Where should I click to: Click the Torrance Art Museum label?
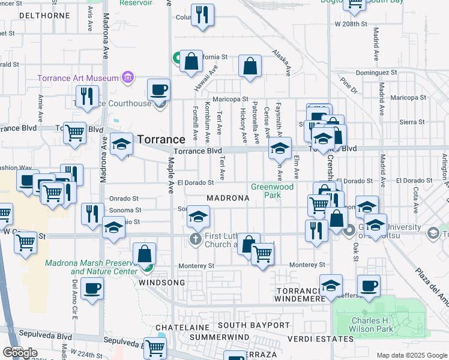click(x=77, y=78)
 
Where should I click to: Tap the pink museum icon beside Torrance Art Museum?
click(x=127, y=77)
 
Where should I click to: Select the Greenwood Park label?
click(x=272, y=191)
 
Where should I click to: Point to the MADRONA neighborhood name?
click(x=228, y=198)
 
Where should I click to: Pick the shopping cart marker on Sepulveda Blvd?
click(x=155, y=346)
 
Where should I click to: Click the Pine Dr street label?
click(x=348, y=85)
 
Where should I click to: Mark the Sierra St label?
click(x=411, y=122)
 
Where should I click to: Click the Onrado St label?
click(x=124, y=198)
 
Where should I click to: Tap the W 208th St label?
click(x=352, y=23)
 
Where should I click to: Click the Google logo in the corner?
click(x=20, y=353)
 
